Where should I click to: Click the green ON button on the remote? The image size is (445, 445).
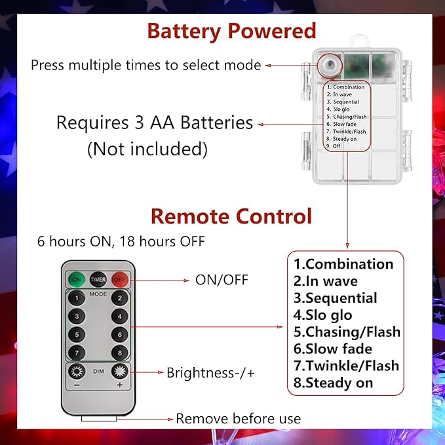77,280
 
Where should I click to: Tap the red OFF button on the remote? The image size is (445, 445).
119,280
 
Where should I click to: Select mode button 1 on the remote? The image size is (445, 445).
77,298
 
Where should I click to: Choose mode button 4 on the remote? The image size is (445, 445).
119,316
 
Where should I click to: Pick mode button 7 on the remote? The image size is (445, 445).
77,353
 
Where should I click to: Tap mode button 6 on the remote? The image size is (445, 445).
119,335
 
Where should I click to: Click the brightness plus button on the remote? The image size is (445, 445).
119,372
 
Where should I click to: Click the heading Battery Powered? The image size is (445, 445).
231,31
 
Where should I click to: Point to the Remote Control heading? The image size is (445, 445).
231,216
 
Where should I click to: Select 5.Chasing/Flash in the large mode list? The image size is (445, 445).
347,332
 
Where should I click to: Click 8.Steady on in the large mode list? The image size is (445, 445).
333,383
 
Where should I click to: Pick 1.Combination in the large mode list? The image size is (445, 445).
343,264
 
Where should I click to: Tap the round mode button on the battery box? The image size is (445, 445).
330,66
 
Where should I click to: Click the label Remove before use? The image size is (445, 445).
239,419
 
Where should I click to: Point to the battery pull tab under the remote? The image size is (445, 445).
99,418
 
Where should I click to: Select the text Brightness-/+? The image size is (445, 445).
210,373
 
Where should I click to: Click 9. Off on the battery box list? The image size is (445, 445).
333,146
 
